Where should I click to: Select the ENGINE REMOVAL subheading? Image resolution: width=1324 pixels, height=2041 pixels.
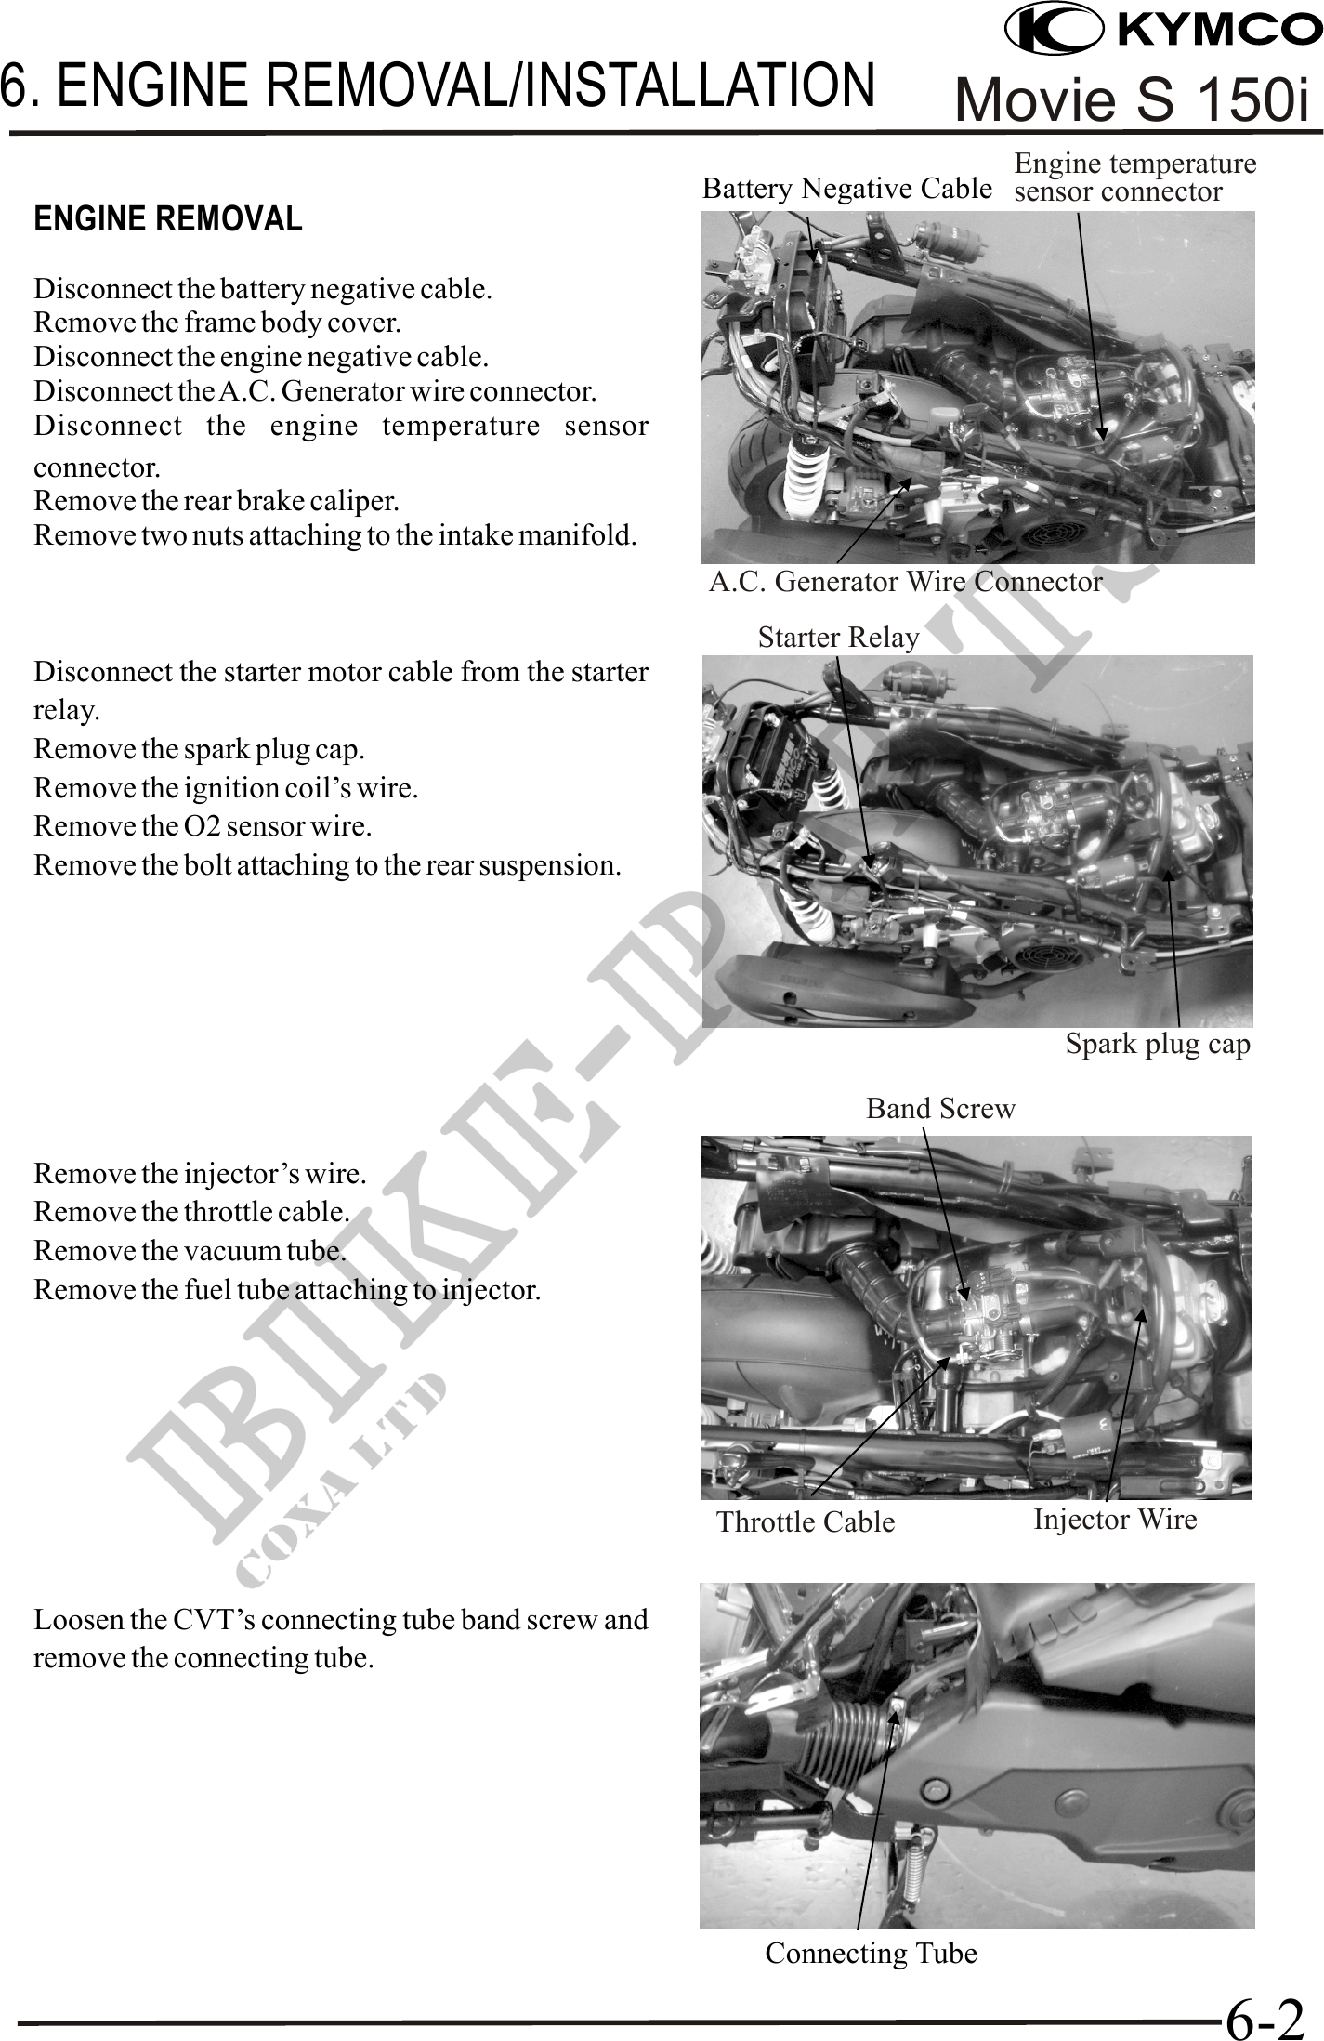click(x=168, y=219)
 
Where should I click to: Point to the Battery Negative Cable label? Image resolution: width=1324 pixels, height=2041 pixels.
click(x=846, y=189)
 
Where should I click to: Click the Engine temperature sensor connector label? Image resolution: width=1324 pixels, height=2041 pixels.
click(x=1134, y=178)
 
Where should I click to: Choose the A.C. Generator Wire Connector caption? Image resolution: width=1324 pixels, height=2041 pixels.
click(x=905, y=582)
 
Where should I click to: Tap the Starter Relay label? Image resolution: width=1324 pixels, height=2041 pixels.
click(x=838, y=638)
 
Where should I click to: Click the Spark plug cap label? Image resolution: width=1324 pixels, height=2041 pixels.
click(x=1157, y=1044)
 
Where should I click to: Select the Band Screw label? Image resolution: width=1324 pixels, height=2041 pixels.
click(x=940, y=1108)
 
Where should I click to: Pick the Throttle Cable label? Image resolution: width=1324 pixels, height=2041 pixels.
click(x=806, y=1521)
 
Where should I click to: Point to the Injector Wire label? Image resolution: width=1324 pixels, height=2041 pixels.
click(x=1115, y=1519)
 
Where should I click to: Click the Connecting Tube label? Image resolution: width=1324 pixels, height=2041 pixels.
click(x=871, y=1953)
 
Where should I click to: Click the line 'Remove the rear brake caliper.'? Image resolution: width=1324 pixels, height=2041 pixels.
click(x=216, y=502)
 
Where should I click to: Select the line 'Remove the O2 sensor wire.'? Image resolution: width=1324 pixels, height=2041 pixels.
click(x=203, y=825)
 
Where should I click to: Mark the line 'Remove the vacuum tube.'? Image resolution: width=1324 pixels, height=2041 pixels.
click(x=190, y=1251)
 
